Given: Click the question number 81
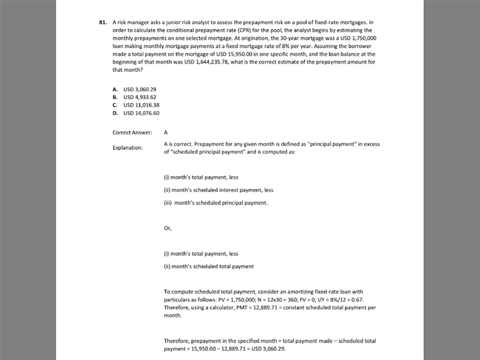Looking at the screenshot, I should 103,22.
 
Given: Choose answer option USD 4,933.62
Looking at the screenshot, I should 143,97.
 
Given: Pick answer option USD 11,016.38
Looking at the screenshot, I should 145,104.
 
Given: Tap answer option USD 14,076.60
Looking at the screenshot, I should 145,113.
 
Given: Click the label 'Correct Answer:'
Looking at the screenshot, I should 132,132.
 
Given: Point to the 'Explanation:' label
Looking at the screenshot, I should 128,148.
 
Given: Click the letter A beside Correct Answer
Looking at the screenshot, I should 166,132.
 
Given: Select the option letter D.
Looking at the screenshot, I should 115,113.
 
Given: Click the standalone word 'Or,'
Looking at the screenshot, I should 168,228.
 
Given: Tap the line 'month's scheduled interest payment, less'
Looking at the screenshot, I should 218,190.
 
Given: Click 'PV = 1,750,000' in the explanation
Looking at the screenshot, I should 226,299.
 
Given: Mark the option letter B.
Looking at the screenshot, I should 115,97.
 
